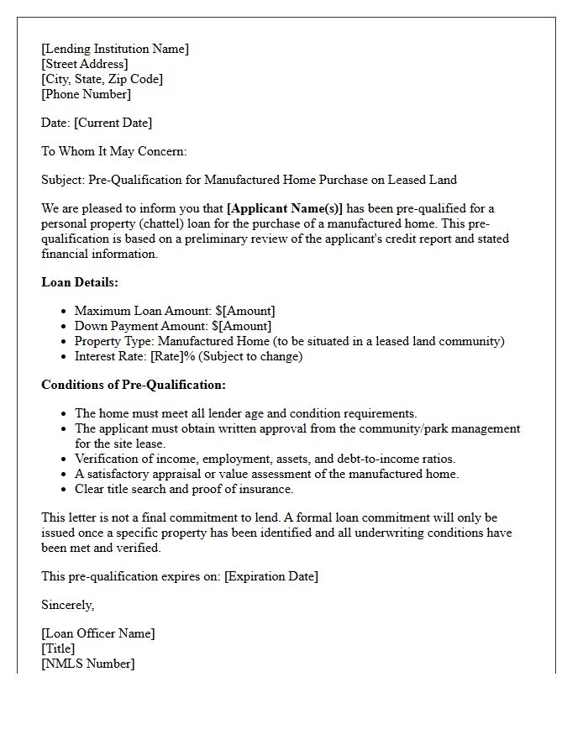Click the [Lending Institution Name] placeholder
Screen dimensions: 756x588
pyautogui.click(x=115, y=49)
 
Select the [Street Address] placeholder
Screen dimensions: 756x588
pyautogui.click(x=85, y=64)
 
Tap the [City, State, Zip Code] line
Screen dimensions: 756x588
pyautogui.click(x=102, y=79)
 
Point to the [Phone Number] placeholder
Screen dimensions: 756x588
pyautogui.click(x=86, y=94)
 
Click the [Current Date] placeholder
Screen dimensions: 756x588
pyautogui.click(x=113, y=123)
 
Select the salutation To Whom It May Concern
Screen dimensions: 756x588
pyautogui.click(x=113, y=151)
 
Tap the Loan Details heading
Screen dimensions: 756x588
pyautogui.click(x=80, y=282)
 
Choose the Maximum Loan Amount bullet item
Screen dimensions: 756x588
pyautogui.click(x=175, y=311)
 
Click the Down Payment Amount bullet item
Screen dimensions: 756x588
pyautogui.click(x=173, y=326)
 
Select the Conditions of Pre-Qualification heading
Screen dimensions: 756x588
pyautogui.click(x=134, y=385)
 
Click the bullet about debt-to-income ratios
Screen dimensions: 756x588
pyautogui.click(x=265, y=459)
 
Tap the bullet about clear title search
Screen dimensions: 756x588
pyautogui.click(x=184, y=489)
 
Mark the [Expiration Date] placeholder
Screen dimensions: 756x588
pyautogui.click(x=271, y=576)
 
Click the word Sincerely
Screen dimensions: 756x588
pyautogui.click(x=68, y=605)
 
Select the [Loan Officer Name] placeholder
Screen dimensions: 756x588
pyautogui.click(x=98, y=633)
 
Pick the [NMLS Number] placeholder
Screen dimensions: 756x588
pyautogui.click(x=87, y=664)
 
